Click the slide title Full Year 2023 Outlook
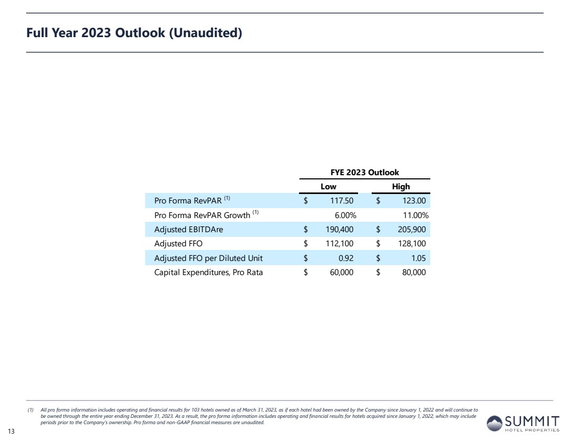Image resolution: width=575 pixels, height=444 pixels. [134, 33]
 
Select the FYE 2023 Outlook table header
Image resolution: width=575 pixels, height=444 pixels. [364, 172]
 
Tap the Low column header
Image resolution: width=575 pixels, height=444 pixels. [328, 187]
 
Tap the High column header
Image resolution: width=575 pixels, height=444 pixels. [401, 187]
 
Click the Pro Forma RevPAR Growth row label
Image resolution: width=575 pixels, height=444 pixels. [203, 215]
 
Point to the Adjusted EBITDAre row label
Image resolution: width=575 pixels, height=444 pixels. [189, 229]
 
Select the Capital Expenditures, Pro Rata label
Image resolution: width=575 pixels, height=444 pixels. [209, 272]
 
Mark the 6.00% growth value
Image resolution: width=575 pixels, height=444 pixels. [346, 215]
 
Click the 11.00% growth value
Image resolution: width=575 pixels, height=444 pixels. [416, 215]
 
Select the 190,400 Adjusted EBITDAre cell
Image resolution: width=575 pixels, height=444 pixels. [340, 229]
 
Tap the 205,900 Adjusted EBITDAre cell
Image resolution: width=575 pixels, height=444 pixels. [412, 229]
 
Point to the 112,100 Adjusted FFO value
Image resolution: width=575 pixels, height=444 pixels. [340, 243]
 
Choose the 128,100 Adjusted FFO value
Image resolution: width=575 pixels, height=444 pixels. [412, 243]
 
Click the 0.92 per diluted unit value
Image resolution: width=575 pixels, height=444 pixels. [348, 258]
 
